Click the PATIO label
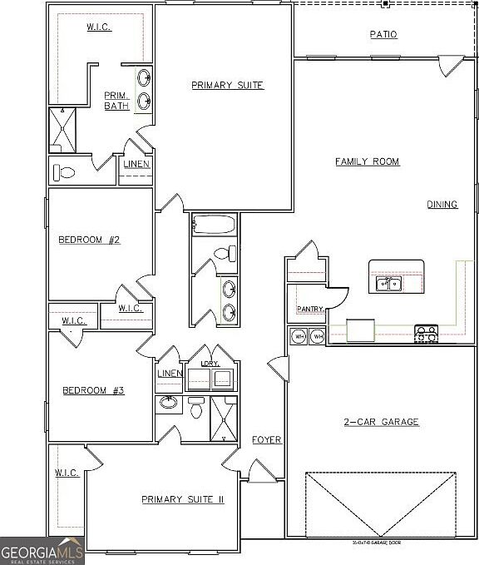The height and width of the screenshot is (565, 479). point(383,34)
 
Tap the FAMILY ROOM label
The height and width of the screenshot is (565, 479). point(368,161)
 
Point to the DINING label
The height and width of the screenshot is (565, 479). point(442,205)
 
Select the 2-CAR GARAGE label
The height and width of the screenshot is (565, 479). point(382,422)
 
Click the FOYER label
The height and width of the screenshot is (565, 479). point(267,439)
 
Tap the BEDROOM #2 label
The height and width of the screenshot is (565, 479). point(90,240)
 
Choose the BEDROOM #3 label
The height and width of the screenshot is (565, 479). point(94,389)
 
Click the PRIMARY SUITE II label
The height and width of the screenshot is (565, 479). point(183,499)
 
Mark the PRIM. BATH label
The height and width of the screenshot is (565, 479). point(116,100)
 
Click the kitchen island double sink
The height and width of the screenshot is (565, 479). point(388,285)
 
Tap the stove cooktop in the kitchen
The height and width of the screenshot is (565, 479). point(426,335)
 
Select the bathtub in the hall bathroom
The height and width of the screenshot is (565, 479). point(214,225)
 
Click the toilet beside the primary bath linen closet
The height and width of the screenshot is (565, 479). point(65,173)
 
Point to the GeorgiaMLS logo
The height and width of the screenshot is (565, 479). point(42,551)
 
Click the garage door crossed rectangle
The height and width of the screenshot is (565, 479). point(381,504)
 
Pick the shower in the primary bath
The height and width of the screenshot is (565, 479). point(62,130)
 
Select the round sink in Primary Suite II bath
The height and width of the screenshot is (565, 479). point(169,404)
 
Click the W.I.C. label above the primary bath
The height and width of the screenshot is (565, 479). point(99,27)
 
